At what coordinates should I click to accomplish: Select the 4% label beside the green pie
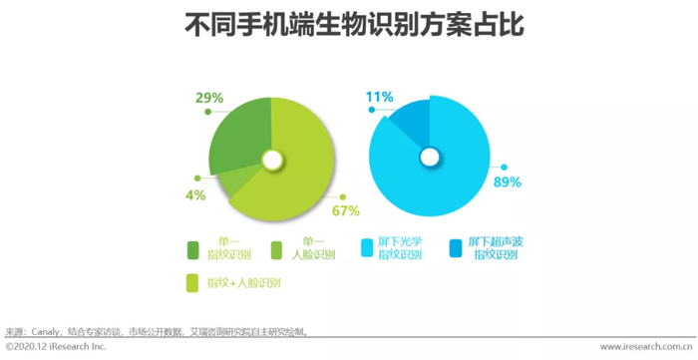click(195, 194)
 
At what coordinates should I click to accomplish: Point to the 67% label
click(345, 211)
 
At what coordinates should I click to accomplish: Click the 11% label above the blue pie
click(379, 97)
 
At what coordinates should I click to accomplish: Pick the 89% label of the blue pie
click(508, 182)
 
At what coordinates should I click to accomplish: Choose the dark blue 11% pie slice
click(412, 124)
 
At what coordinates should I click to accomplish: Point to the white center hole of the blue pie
click(430, 157)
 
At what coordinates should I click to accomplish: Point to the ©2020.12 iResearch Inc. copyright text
click(56, 346)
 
